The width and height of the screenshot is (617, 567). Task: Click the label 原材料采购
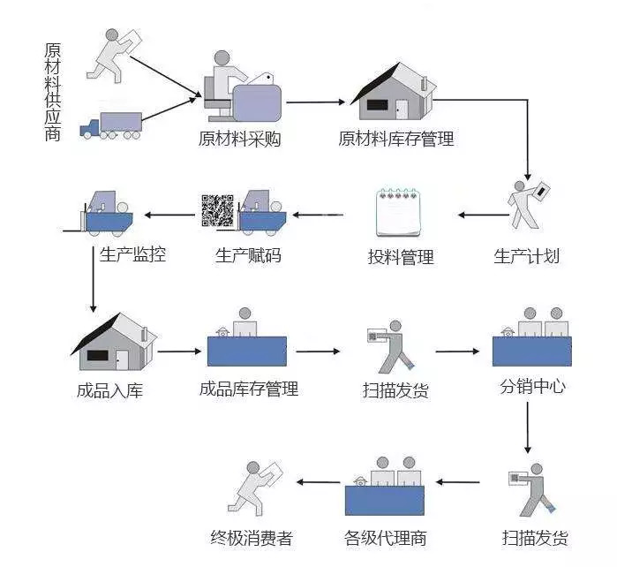[239, 140]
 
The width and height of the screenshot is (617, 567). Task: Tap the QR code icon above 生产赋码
[217, 209]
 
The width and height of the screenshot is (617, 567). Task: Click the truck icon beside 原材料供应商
[110, 126]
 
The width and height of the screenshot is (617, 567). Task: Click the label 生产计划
[526, 257]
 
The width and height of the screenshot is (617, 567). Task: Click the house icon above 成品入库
[112, 341]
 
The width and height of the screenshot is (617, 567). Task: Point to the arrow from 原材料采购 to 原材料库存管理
[314, 102]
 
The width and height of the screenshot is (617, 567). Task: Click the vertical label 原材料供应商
[53, 90]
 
